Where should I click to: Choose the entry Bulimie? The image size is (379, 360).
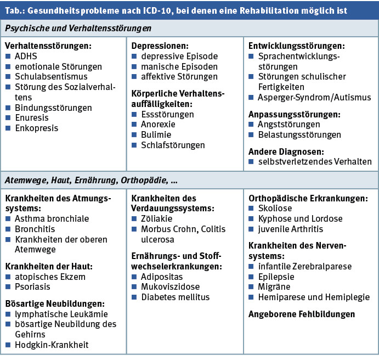[156, 135]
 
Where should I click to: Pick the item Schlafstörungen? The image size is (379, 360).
[173, 145]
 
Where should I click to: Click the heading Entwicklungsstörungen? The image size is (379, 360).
[297, 46]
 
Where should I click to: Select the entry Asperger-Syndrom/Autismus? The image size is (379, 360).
[313, 97]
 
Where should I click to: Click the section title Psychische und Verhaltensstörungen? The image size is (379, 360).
[78, 27]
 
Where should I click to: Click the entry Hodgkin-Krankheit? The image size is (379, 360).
[52, 345]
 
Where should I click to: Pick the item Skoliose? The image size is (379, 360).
[275, 209]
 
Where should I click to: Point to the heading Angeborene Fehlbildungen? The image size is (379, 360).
[302, 314]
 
